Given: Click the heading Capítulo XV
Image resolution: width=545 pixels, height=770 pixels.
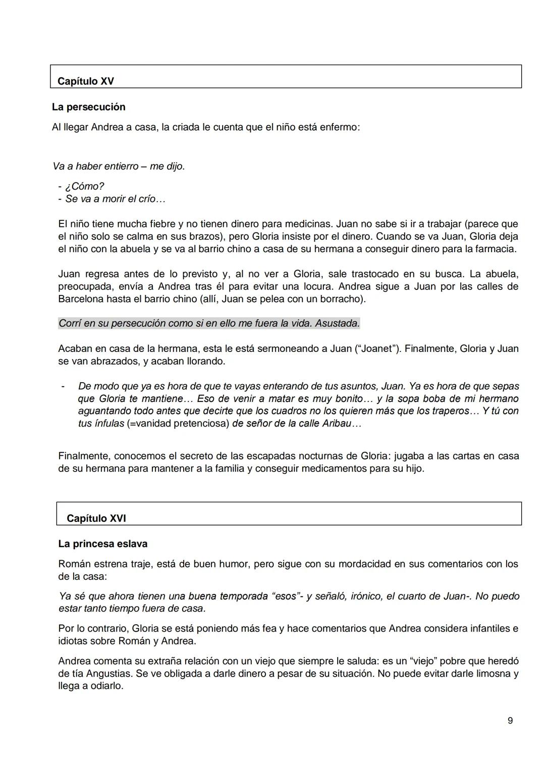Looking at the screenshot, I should pos(86,81).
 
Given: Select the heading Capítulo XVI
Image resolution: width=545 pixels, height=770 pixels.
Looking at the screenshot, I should pos(96,518).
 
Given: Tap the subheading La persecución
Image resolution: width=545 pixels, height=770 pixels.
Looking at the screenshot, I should pos(88,107).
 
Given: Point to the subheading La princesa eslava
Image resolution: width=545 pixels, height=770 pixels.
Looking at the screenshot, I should pos(102,544).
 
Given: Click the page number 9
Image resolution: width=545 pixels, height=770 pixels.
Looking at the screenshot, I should pos(510,721).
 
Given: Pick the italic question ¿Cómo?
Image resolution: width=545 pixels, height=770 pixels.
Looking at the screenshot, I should pos(85,187).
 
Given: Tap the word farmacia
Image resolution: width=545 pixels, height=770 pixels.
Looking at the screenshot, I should pos(497,249).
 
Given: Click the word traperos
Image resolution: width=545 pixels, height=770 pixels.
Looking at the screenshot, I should pos(446,411).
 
